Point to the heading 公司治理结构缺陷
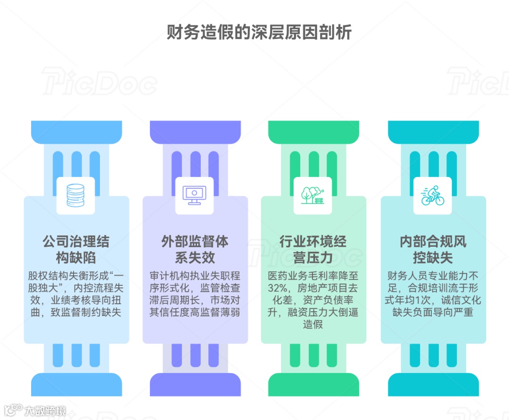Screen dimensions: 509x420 [76, 250]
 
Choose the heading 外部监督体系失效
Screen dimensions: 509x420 [195, 250]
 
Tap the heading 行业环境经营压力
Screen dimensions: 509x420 [313, 250]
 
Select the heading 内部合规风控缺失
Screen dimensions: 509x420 [433, 250]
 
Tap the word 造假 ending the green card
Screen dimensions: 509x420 [313, 324]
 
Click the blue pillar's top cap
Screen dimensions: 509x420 [76, 131]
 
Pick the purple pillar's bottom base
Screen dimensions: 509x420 [195, 384]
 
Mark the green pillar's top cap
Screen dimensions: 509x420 [313, 131]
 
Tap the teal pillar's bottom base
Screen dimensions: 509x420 [433, 384]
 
